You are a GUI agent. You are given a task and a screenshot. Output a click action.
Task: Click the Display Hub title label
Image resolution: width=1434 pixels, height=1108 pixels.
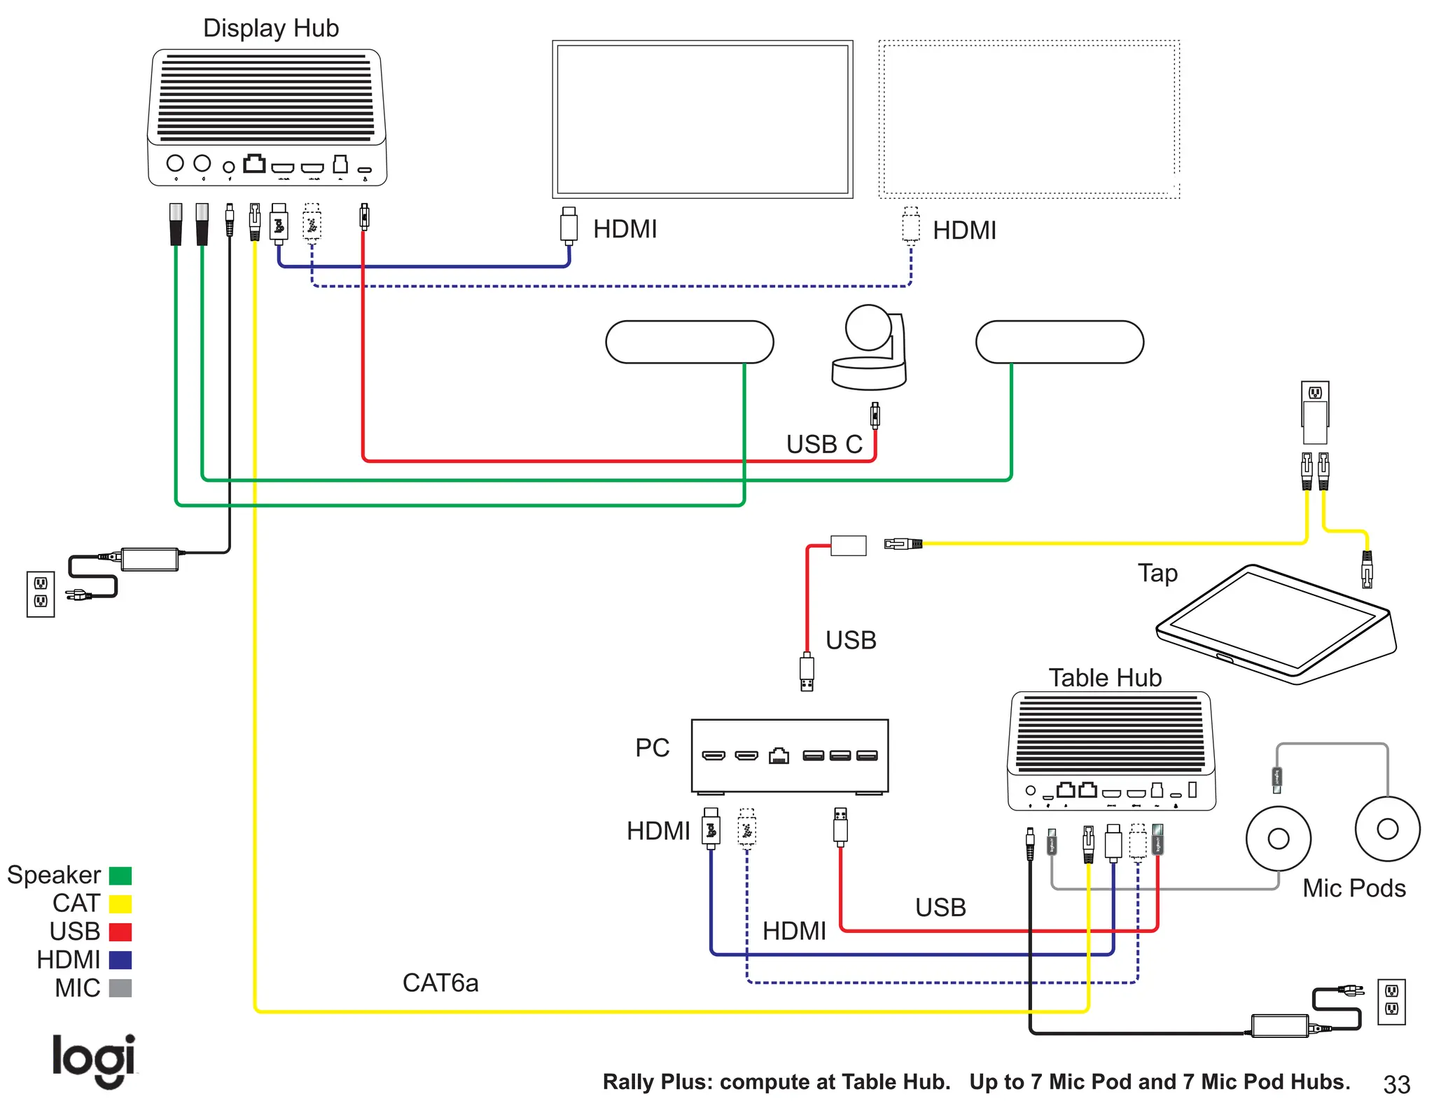[x=270, y=28]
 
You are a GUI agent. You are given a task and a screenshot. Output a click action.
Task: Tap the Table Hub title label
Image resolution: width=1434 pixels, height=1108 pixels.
[x=1104, y=677]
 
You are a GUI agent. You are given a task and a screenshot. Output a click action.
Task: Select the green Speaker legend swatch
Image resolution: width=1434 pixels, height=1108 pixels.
[x=120, y=875]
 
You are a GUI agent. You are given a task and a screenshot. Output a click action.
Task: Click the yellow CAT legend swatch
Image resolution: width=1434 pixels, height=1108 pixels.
[x=120, y=903]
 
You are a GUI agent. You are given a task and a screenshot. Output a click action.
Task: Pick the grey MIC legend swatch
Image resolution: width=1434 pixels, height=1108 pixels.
[x=120, y=988]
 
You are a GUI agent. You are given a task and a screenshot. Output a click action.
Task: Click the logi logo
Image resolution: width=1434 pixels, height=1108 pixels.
[x=94, y=1060]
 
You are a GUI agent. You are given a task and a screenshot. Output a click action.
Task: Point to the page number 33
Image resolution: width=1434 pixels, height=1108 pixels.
[x=1396, y=1084]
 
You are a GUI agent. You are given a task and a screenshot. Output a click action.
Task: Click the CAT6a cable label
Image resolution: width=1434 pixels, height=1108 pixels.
[x=440, y=983]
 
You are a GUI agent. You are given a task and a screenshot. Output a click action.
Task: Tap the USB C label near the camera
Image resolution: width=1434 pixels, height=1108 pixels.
[x=823, y=444]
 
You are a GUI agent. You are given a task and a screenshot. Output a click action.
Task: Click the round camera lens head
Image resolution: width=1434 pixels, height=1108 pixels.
[x=868, y=327]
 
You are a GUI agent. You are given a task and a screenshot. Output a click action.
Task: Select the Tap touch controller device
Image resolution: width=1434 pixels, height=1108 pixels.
[x=1274, y=623]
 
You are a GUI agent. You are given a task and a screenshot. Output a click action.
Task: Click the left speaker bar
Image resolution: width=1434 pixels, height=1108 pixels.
[x=689, y=342]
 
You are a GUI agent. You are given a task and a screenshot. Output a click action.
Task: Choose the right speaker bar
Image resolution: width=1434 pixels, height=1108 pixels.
[x=1059, y=342]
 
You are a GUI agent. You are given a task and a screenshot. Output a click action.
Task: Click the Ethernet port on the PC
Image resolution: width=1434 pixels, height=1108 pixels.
[x=779, y=756]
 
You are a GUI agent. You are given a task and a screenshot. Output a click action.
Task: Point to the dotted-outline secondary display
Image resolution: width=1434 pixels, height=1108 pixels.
[x=1029, y=119]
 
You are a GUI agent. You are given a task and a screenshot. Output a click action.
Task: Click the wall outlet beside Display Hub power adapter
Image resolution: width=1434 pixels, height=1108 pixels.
[x=41, y=593]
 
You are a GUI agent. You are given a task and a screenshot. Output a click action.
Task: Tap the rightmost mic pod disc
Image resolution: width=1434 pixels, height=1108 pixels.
[x=1387, y=829]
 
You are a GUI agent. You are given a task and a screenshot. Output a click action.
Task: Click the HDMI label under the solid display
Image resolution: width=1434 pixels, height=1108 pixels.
[x=625, y=229]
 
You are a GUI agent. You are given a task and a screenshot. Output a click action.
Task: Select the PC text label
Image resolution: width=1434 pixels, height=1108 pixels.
[x=652, y=747]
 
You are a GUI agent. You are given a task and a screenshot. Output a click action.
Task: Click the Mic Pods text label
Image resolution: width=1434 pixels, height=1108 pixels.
[x=1353, y=888]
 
